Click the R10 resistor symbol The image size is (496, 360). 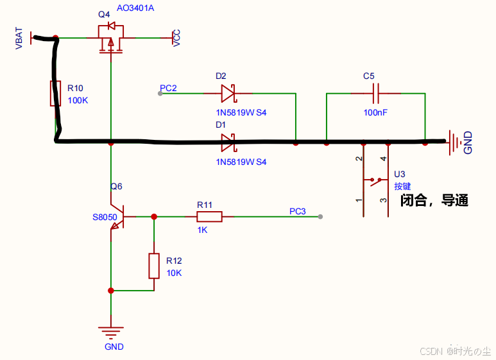(55, 93)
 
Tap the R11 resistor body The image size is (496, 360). (209, 217)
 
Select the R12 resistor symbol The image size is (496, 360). (154, 266)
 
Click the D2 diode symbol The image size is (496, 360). (228, 93)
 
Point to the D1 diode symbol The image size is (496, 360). (228, 142)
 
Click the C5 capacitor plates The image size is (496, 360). (376, 93)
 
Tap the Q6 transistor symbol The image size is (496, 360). (117, 217)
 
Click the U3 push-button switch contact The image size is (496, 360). (376, 181)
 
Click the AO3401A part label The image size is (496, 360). (135, 8)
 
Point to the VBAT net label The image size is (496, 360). (19, 39)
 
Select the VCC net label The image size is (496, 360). (176, 38)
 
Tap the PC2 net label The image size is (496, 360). (168, 88)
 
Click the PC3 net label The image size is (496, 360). (297, 211)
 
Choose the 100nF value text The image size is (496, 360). (375, 112)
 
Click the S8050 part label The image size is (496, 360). (105, 217)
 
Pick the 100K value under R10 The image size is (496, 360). (78, 100)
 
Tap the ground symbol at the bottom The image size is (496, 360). (111, 333)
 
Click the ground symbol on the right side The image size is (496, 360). (454, 142)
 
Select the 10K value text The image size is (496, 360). (174, 273)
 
